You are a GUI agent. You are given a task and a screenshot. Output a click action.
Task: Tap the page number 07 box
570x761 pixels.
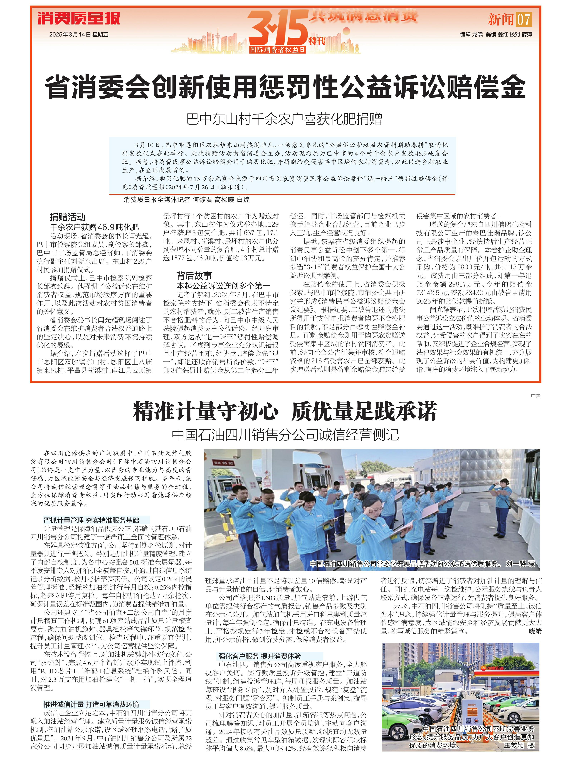(x=523, y=19)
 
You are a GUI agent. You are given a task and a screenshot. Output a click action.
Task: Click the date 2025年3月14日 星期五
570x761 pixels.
(x=79, y=34)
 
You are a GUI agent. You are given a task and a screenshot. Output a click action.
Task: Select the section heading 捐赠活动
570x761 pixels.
(x=68, y=217)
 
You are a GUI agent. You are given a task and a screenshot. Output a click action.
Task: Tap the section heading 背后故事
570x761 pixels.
(x=194, y=276)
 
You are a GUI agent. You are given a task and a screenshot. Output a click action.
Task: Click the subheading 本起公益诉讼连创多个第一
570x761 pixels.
(x=223, y=286)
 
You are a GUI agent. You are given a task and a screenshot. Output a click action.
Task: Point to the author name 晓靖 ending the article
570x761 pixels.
(x=535, y=631)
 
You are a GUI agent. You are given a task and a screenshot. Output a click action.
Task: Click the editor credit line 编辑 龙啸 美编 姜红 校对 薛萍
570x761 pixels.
(x=496, y=34)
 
